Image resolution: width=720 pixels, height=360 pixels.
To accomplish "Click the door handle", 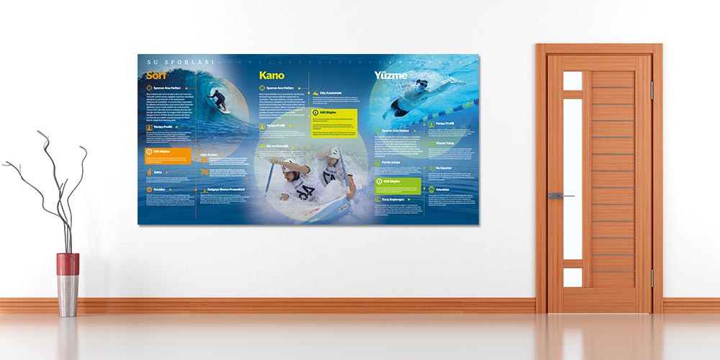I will coord(559,196).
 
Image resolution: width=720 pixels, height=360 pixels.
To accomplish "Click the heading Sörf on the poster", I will coord(156,76).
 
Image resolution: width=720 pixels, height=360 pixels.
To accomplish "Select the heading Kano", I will coord(271,75).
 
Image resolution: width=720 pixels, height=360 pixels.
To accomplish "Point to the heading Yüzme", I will coord(390,75).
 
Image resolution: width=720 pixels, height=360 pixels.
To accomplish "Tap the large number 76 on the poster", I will coord(204,172).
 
